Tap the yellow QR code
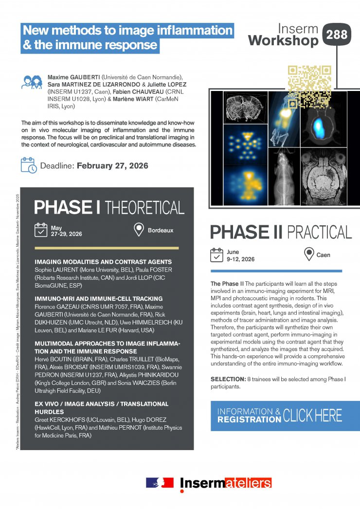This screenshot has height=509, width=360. (x=309, y=87)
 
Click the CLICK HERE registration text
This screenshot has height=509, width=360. (x=312, y=416)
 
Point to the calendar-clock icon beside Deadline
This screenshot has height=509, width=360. (x=29, y=165)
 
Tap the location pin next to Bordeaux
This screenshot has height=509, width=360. (x=139, y=230)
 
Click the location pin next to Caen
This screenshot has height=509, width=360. (x=308, y=254)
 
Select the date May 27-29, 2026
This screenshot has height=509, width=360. (x=66, y=231)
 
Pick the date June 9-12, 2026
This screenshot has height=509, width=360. (x=240, y=255)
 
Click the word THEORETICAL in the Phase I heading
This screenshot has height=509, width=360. (x=144, y=207)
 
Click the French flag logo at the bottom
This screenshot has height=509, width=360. (x=160, y=482)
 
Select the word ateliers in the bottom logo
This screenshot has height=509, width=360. (x=248, y=483)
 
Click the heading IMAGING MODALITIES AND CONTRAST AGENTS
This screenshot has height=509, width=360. (x=103, y=262)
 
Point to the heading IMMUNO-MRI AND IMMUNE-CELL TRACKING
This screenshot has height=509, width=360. (x=99, y=298)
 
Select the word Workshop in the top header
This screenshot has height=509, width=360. (x=283, y=41)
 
